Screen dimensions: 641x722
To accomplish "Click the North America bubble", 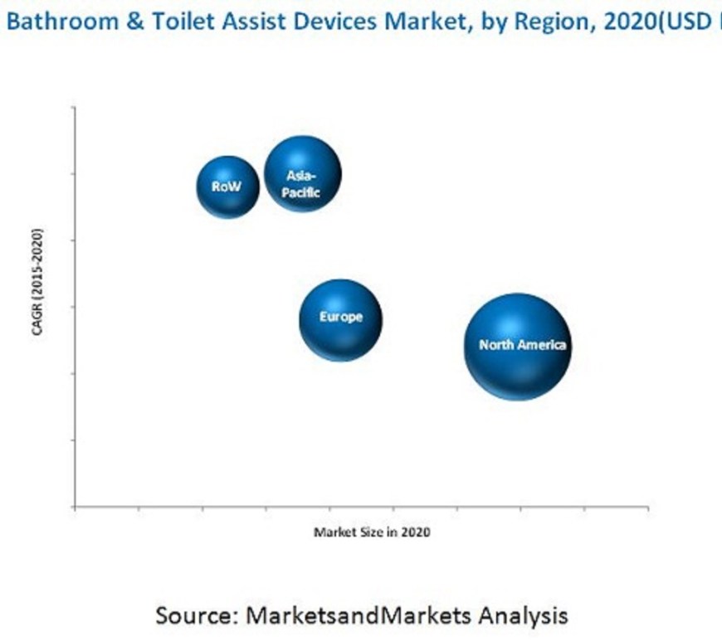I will pos(517,346).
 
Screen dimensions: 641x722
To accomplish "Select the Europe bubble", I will pos(341,320).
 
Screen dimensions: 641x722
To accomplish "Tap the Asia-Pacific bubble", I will pos(302,174).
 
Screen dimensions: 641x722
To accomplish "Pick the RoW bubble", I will pos(227,187).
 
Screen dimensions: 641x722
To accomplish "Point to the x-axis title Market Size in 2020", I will pos(371,532).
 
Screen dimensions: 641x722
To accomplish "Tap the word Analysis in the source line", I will pos(520,615).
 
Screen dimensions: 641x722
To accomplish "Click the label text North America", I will pos(522,345).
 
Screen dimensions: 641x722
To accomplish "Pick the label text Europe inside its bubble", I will pos(341,317).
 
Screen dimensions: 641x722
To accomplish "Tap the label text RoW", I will pos(226,187).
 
